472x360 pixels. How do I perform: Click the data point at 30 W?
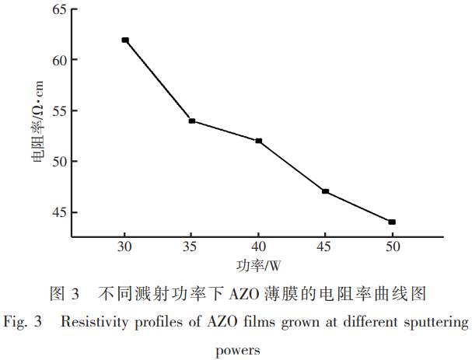124,40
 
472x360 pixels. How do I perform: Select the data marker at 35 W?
191,121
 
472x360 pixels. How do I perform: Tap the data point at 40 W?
258,141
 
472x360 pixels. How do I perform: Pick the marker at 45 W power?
325,191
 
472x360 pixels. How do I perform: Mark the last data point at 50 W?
392,222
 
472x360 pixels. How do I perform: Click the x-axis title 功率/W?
260,266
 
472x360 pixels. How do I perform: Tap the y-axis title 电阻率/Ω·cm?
37,124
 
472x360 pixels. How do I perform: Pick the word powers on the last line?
236,348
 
